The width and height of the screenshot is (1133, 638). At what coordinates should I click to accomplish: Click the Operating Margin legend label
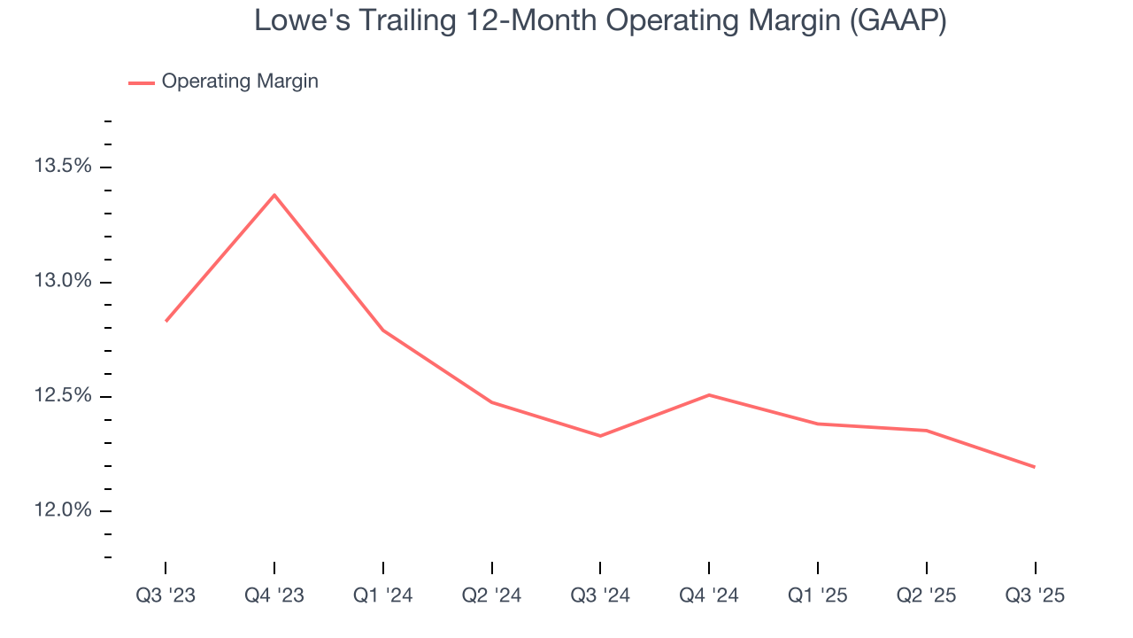[x=240, y=82]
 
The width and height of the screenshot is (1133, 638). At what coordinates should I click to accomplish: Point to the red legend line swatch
[x=142, y=82]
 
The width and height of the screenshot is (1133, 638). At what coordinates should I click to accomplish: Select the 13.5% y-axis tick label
[x=62, y=167]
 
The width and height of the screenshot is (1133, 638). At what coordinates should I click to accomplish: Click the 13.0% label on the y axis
[x=62, y=281]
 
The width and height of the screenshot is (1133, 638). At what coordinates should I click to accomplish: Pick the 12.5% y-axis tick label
[x=62, y=395]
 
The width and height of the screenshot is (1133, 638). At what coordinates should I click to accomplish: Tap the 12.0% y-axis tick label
[x=62, y=510]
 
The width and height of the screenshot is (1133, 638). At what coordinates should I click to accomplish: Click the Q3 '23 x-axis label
[x=166, y=595]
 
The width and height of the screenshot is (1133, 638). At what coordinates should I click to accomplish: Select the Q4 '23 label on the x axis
[x=274, y=595]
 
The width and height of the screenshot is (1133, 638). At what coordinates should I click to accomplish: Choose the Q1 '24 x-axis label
[x=382, y=595]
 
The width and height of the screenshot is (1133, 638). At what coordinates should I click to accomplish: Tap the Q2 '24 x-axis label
[x=491, y=595]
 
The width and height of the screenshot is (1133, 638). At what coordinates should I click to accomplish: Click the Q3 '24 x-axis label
[x=600, y=595]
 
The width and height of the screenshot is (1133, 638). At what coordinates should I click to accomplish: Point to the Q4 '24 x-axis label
[x=709, y=595]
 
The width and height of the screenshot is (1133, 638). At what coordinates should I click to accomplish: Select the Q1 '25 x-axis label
[x=817, y=595]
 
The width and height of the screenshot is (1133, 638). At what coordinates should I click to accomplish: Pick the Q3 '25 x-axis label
[x=1035, y=595]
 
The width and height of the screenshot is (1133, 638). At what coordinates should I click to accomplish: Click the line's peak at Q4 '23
[x=274, y=194]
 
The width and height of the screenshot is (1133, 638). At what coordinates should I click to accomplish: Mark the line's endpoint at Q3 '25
[x=1035, y=467]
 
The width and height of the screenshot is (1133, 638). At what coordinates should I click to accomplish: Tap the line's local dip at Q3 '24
[x=600, y=436]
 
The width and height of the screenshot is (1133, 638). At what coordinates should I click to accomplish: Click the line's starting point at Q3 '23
[x=166, y=321]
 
